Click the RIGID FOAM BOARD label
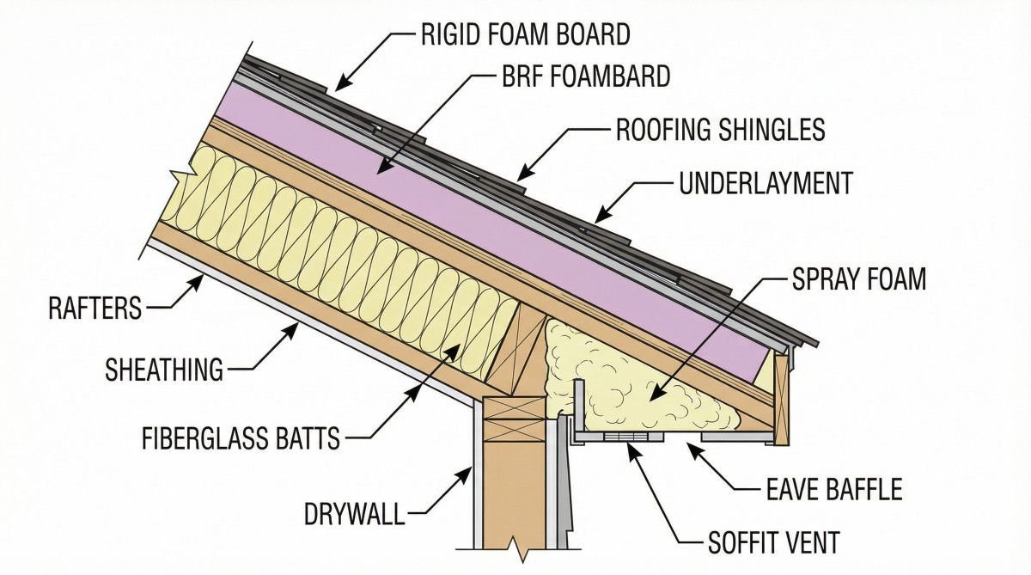click(525, 34)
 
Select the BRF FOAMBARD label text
click(584, 76)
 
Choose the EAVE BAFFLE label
click(833, 490)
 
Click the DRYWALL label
click(354, 515)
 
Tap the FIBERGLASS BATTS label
click(241, 440)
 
